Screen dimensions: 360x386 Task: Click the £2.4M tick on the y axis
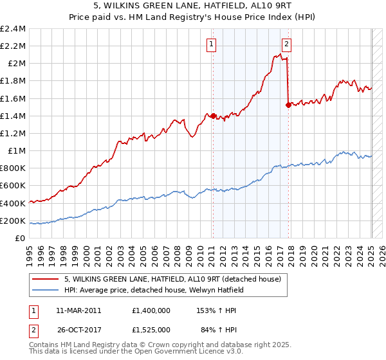13,29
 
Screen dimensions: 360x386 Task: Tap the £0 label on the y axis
21,238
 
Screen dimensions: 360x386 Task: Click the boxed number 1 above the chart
212,44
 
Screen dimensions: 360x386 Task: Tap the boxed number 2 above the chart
286,44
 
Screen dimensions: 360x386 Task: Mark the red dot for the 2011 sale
213,116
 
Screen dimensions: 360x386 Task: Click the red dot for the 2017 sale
288,105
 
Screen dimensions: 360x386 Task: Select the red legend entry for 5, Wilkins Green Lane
172,280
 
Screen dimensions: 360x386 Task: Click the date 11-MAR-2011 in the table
78,310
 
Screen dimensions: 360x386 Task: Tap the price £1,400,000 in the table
150,310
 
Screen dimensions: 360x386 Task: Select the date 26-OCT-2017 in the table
78,330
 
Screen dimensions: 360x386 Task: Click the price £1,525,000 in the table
150,330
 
